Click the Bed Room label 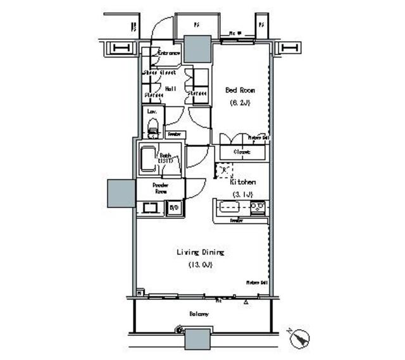240,90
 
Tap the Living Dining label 201,252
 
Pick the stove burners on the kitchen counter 258,208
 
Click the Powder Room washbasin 151,208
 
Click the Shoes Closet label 158,73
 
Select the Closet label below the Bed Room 242,152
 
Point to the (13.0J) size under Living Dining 200,264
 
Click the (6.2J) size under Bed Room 239,102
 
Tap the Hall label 170,89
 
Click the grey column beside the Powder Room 121,194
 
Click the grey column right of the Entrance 197,49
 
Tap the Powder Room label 159,189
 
